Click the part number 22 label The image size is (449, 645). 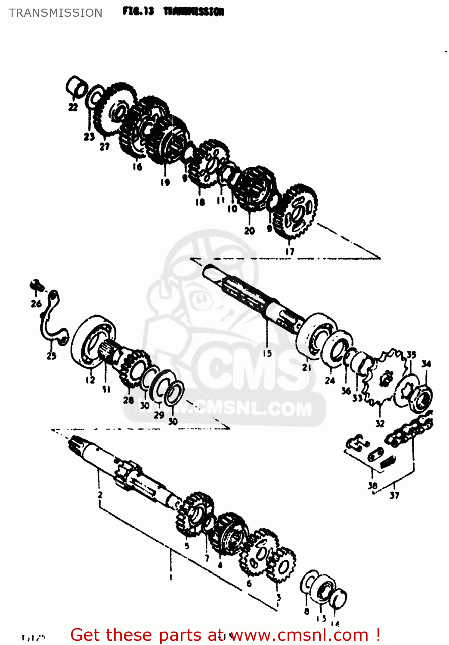click(x=73, y=107)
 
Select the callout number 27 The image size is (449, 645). click(x=105, y=147)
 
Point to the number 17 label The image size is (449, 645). click(x=290, y=252)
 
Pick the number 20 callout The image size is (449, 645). click(x=249, y=231)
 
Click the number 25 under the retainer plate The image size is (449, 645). click(x=51, y=356)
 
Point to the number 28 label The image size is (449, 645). click(x=128, y=400)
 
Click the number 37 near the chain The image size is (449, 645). click(x=394, y=495)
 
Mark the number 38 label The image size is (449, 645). click(x=372, y=486)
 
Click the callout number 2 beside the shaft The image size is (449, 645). click(x=100, y=494)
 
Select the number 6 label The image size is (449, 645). click(x=249, y=584)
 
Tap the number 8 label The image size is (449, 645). click(x=306, y=611)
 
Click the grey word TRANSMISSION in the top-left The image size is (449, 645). click(x=56, y=13)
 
